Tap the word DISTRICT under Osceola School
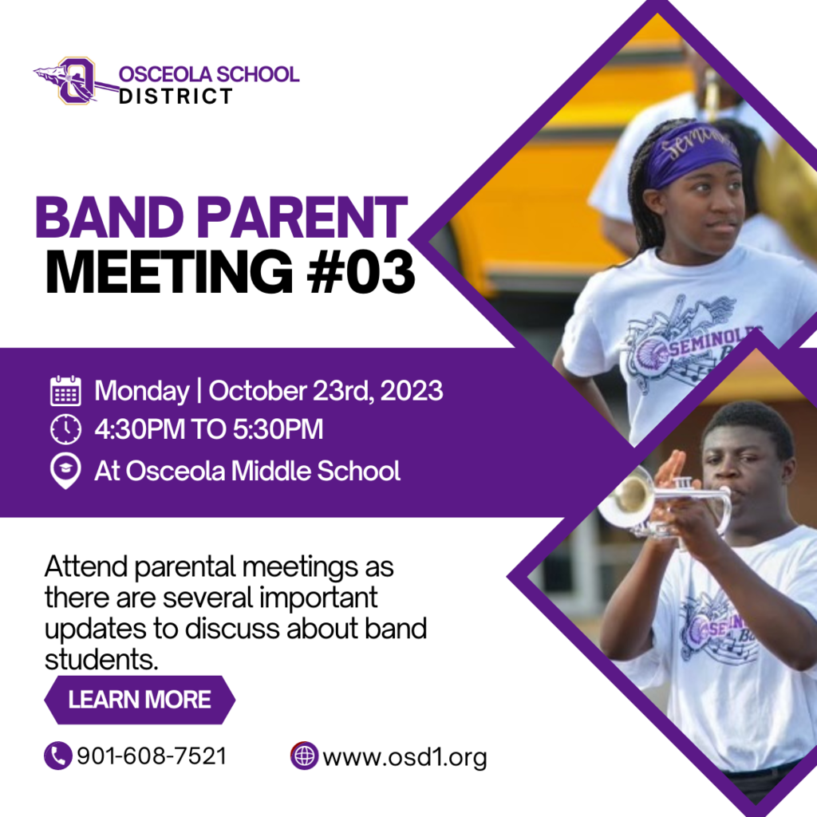(176, 97)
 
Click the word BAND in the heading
(109, 217)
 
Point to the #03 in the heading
(361, 272)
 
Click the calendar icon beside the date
(65, 391)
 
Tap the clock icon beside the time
(65, 429)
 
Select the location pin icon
(65, 471)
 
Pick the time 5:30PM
(278, 429)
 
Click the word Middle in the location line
(271, 471)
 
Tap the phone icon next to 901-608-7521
(57, 756)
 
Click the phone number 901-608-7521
(152, 756)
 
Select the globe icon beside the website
(304, 756)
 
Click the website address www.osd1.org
(405, 758)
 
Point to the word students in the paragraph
(101, 660)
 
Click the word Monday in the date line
(142, 392)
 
